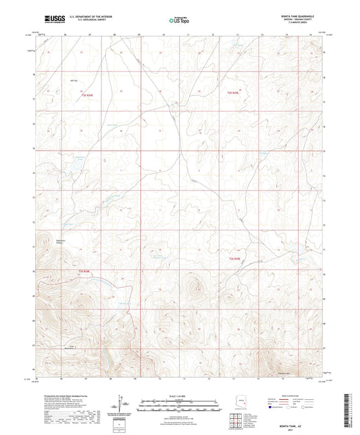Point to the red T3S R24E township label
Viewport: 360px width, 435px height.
[x=83, y=272]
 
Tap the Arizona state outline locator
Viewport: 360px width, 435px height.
[x=242, y=400]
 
